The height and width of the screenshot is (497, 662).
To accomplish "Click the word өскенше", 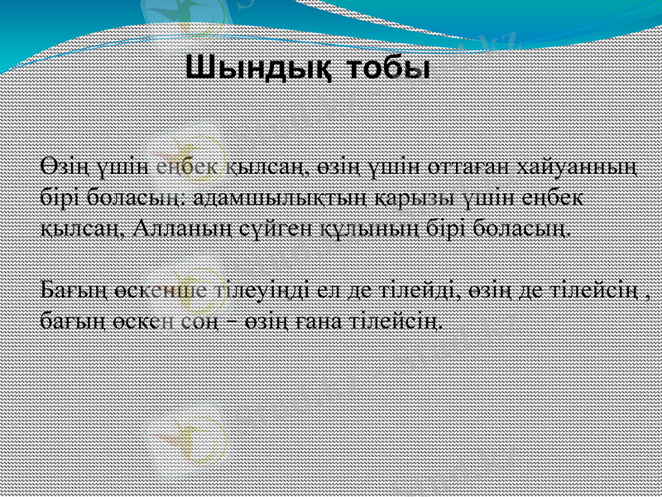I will point(130,290).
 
